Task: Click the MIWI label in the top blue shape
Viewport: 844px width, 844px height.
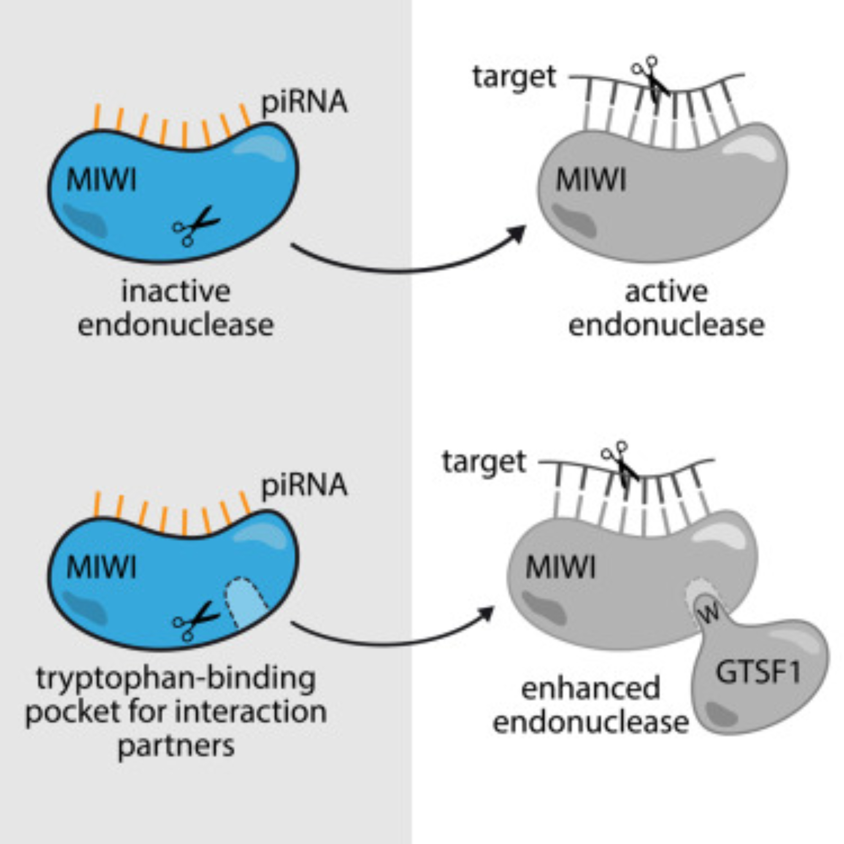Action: [x=101, y=180]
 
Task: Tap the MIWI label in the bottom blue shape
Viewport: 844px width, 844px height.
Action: [x=101, y=568]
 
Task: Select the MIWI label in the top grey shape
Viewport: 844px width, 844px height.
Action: [x=591, y=180]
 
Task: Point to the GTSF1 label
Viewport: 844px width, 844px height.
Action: [x=758, y=672]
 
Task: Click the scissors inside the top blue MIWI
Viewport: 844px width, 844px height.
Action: [x=196, y=225]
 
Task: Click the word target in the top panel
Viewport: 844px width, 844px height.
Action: [x=514, y=78]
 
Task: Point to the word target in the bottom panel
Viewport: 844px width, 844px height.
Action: [x=484, y=462]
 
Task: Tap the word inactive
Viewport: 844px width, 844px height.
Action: [x=176, y=292]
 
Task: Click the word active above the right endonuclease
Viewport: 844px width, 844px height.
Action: [x=666, y=292]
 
